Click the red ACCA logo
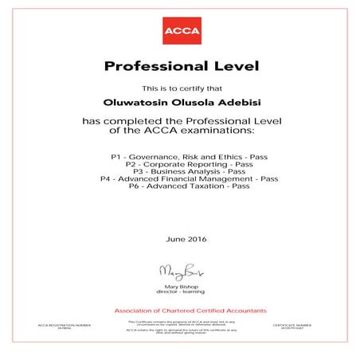[x=179, y=33]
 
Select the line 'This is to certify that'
[x=179, y=88]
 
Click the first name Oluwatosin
[x=137, y=101]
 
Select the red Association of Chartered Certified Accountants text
[x=179, y=309]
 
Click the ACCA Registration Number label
[x=65, y=326]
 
